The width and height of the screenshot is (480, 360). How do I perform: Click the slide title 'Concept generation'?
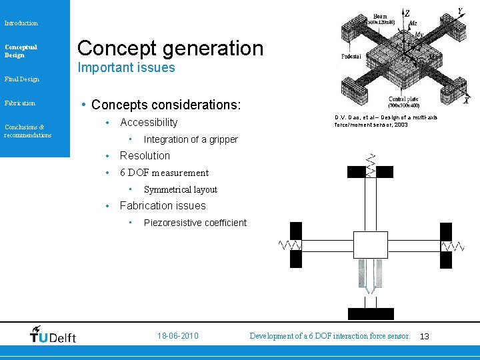(x=171, y=48)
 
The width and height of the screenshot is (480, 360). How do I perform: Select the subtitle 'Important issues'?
(x=126, y=68)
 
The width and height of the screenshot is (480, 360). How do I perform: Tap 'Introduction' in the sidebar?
(x=21, y=23)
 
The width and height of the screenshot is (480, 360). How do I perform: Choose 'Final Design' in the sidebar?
(x=21, y=79)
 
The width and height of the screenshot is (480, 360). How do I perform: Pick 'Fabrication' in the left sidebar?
(x=20, y=103)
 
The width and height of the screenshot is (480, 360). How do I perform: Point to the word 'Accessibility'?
(x=149, y=123)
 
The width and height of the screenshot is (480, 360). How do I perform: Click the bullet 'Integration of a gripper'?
(x=191, y=139)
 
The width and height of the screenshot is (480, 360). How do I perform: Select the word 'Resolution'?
(x=145, y=156)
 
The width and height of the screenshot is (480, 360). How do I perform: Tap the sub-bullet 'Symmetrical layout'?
(x=181, y=190)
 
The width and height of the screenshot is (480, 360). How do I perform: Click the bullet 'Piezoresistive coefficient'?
(x=195, y=223)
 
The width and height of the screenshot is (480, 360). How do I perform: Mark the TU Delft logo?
(x=53, y=335)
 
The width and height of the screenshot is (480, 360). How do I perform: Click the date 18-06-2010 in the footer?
(x=177, y=336)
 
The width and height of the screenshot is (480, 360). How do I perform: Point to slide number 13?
(x=425, y=337)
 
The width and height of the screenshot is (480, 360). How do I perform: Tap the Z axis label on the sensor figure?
(x=407, y=13)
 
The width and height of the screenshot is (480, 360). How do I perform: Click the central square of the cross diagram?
(x=371, y=246)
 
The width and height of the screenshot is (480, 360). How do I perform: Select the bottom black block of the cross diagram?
(x=371, y=314)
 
